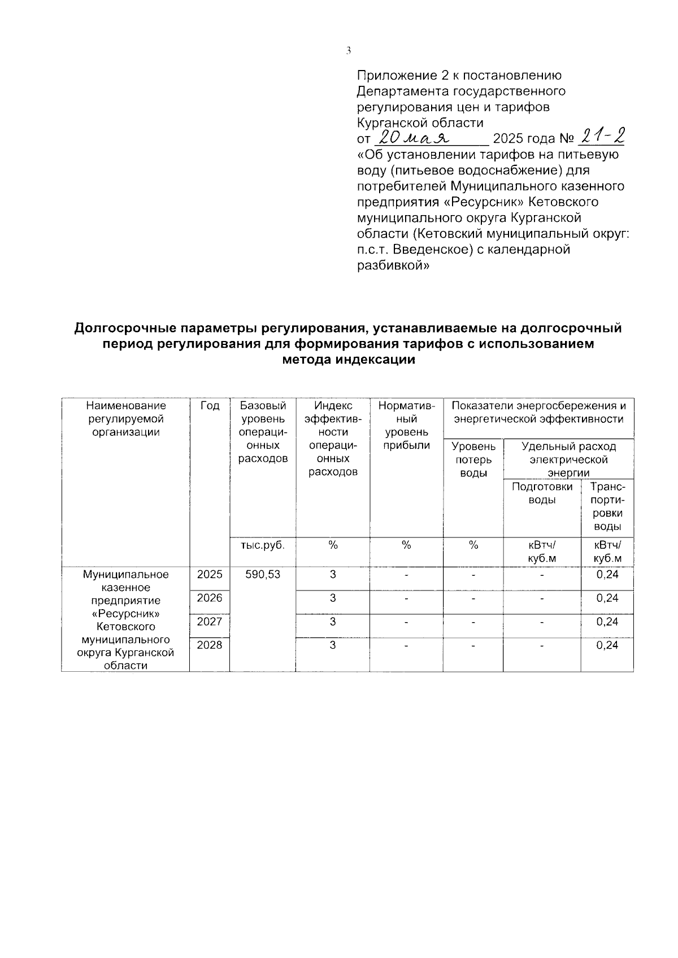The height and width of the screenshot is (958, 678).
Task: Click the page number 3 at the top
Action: click(349, 51)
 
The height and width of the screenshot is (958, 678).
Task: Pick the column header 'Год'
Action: click(210, 405)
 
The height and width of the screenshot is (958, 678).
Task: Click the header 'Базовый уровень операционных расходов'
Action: click(263, 432)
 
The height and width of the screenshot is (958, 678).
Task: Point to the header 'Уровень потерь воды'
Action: click(473, 460)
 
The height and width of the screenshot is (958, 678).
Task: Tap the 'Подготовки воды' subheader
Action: click(542, 493)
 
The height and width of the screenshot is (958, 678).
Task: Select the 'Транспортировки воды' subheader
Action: click(607, 506)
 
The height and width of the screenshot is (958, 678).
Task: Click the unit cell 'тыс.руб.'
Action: click(263, 545)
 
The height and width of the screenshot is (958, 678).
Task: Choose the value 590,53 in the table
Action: click(263, 574)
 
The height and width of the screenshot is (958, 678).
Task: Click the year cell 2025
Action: click(210, 574)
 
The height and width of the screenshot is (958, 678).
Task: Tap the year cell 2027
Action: click(210, 622)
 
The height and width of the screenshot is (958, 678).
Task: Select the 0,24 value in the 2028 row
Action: click(607, 645)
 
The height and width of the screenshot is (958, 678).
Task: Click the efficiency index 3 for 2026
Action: click(333, 598)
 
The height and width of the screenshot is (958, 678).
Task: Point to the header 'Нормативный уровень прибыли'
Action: click(406, 426)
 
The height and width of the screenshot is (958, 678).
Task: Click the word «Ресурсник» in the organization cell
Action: click(126, 614)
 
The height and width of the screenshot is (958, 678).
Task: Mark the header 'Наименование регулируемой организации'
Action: click(126, 419)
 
